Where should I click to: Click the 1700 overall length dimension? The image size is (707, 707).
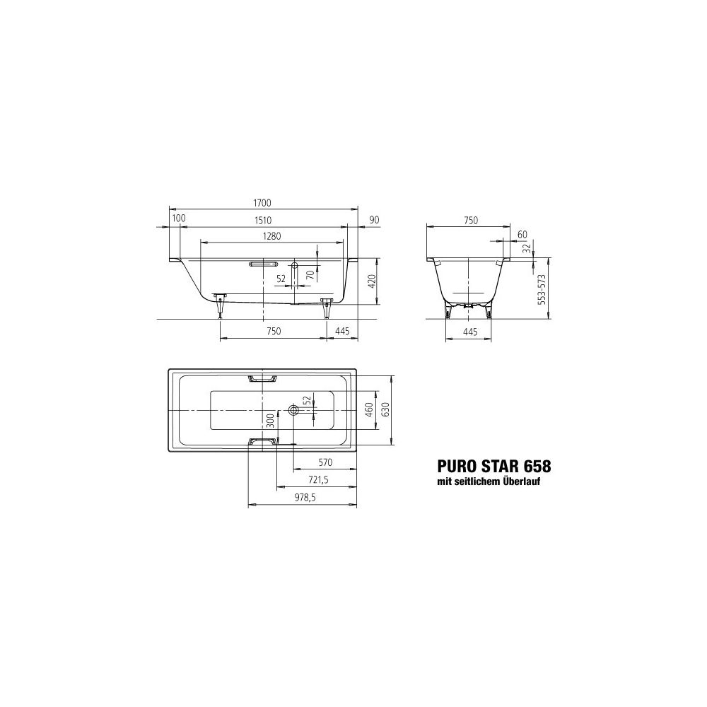pos(262,203)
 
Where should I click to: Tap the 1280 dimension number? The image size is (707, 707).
pos(271,236)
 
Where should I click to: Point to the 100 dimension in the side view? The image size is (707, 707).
pos(179,218)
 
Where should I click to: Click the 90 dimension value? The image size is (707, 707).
pos(374,220)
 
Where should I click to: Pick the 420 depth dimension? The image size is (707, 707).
pos(372,281)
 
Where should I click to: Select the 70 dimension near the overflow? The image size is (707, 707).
pos(310,274)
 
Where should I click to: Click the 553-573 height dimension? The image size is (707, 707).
pos(542,289)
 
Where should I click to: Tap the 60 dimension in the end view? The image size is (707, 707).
pos(522,235)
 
